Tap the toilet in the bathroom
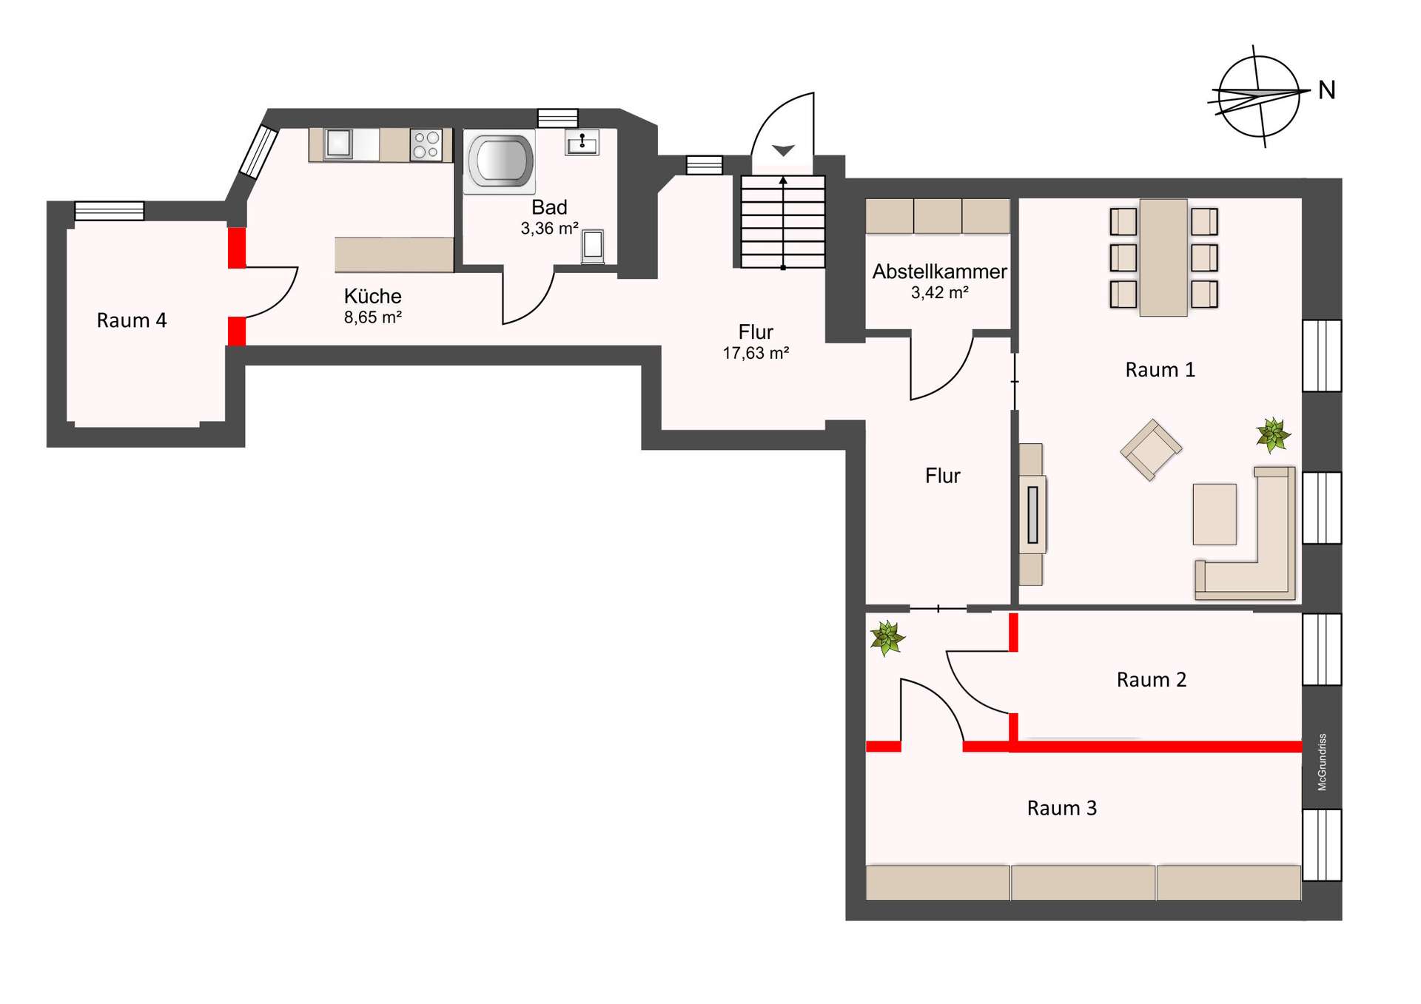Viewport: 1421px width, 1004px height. click(x=593, y=246)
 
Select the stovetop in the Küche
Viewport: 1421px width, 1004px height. click(x=426, y=144)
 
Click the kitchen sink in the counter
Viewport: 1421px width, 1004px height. click(x=338, y=144)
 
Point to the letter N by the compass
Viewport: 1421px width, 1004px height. click(x=1327, y=90)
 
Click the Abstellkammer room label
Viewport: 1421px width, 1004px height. click(x=939, y=272)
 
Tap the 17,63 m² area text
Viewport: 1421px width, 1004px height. click(x=756, y=353)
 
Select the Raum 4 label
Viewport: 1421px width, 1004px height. click(x=132, y=320)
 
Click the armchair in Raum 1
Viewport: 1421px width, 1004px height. click(x=1151, y=449)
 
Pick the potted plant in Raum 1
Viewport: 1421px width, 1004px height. click(x=1273, y=434)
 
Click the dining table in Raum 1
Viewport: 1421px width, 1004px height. click(x=1163, y=257)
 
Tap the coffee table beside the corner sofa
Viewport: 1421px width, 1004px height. click(x=1215, y=514)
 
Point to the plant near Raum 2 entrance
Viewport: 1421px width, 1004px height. click(x=887, y=638)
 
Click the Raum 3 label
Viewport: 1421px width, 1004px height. click(x=1062, y=808)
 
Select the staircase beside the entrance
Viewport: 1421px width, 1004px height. click(x=783, y=221)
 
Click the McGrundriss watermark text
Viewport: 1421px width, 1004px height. click(x=1323, y=762)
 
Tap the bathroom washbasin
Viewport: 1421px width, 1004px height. click(x=582, y=142)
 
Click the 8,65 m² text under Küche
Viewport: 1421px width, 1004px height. click(x=373, y=317)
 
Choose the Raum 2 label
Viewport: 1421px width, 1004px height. click(x=1152, y=680)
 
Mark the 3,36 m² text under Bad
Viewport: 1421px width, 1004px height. click(x=549, y=229)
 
